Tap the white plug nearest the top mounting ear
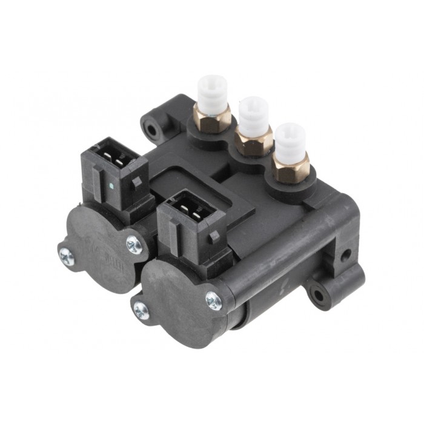(x=213, y=91)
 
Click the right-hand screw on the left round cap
(x=134, y=244)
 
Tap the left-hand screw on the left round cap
(x=67, y=256)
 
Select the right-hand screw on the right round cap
(x=213, y=299)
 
